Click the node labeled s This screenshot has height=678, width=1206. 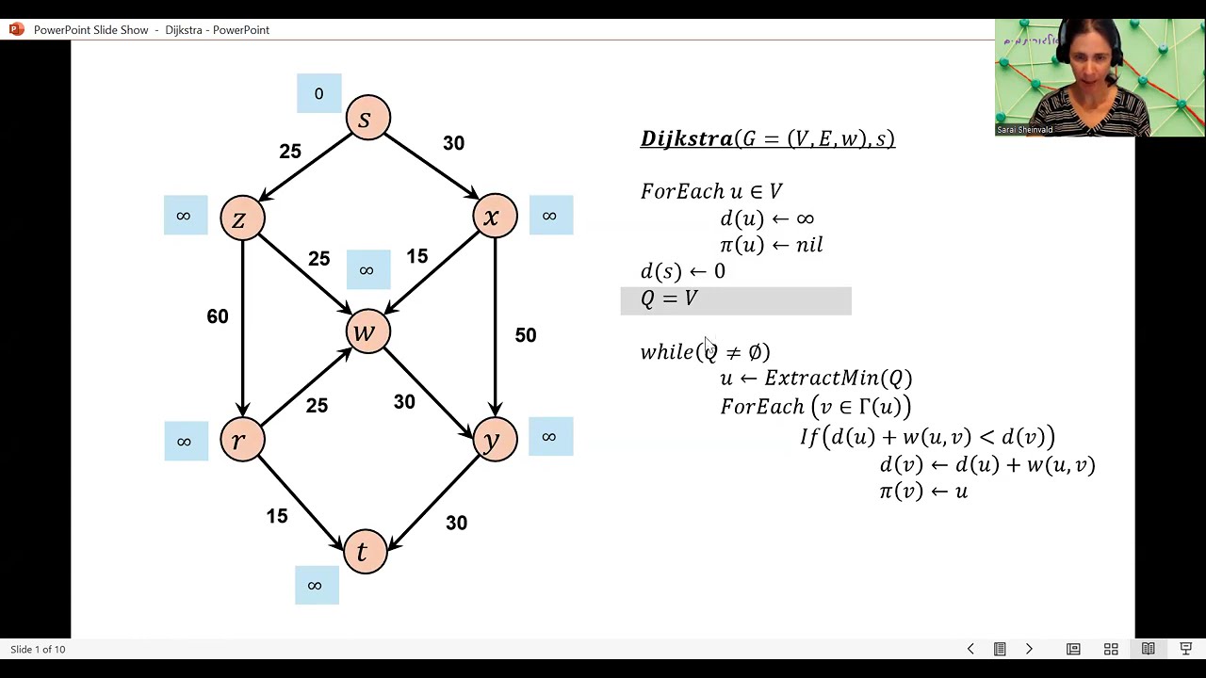tap(367, 118)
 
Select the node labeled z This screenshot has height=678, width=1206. tap(242, 218)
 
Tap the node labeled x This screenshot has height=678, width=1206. tap(495, 216)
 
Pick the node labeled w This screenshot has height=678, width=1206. tap(367, 331)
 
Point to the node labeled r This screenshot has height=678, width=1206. tap(242, 439)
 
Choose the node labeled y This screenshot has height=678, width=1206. tap(495, 439)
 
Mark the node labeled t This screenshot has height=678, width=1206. tap(365, 551)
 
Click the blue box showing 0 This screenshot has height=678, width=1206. tap(318, 93)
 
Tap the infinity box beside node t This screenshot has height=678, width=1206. tap(317, 585)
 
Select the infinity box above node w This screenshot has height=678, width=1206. tap(368, 269)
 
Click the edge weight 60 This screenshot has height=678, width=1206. tap(218, 316)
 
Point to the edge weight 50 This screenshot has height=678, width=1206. tap(526, 335)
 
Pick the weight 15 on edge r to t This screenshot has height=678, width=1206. tap(277, 516)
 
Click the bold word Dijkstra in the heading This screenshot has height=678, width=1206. tap(687, 138)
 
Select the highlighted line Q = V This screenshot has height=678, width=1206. tap(736, 300)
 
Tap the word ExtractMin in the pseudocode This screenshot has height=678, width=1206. tap(822, 378)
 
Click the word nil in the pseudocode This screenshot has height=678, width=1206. tap(809, 245)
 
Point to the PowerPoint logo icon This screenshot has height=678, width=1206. tap(17, 29)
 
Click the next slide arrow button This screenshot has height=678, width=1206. tap(1029, 649)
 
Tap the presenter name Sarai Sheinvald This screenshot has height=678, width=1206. tap(1024, 130)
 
